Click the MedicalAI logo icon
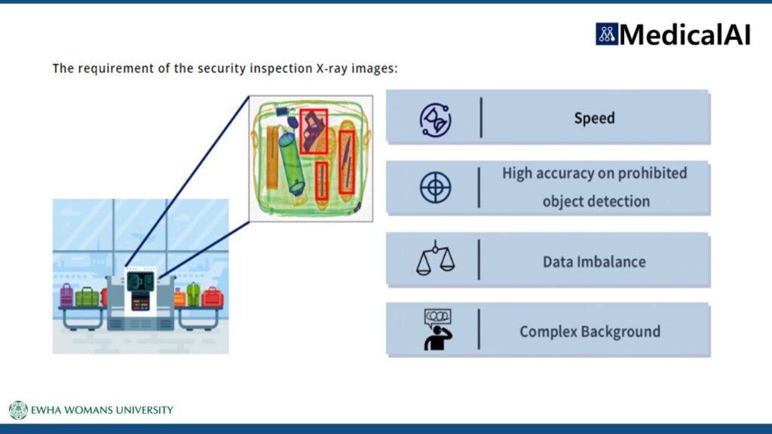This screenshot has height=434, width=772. click(x=607, y=34)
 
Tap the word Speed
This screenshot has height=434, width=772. click(x=594, y=118)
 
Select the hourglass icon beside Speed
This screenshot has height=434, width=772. click(x=435, y=120)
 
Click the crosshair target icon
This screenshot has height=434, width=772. click(x=435, y=188)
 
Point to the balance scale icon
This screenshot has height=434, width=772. click(x=435, y=258)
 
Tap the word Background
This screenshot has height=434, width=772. click(x=620, y=332)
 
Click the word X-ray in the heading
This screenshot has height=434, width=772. click(x=332, y=69)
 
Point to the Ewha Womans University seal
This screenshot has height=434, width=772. click(x=18, y=410)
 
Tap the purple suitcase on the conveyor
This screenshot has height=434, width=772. click(x=66, y=295)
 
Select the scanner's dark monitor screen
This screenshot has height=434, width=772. click(x=140, y=282)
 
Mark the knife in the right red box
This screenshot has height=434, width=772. click(x=347, y=163)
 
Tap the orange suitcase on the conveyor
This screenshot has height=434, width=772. click(x=179, y=298)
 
